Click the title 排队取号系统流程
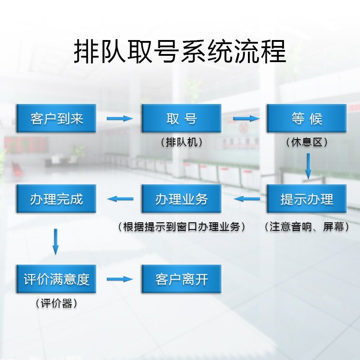[x=180, y=52]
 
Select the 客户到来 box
[x=56, y=118]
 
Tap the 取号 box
[x=181, y=118]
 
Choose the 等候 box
[x=306, y=118]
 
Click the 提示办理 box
[x=306, y=198]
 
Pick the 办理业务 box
[x=181, y=198]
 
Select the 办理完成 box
[x=56, y=198]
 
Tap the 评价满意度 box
[x=56, y=279]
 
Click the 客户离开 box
[x=181, y=279]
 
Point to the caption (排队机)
[x=181, y=142]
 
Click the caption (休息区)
[x=306, y=142]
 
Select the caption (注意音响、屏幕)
[x=307, y=227]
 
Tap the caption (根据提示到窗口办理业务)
[x=181, y=227]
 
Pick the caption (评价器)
[x=56, y=304]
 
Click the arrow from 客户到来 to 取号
[x=120, y=118]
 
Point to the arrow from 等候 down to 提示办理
[x=308, y=166]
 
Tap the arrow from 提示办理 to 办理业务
[x=247, y=198]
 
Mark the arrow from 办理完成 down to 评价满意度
[x=56, y=242]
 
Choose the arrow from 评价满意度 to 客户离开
[x=120, y=279]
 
